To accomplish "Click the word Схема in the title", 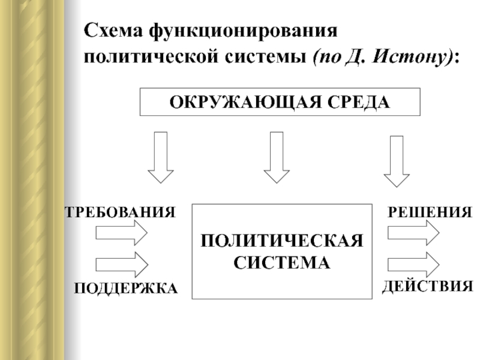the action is pos(113,31).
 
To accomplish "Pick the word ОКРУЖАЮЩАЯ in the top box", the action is pos(245,102).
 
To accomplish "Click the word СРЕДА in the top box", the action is pos(359,102).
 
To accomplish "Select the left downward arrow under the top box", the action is pos(161,157).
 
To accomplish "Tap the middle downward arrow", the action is pos(277,157).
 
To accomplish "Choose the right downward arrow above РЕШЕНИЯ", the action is pos(397,161).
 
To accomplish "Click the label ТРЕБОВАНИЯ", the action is pos(121,212).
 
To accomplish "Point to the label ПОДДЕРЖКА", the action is pos(126,289).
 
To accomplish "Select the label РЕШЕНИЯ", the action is pos(430,212).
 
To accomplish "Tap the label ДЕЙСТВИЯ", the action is pos(428,287).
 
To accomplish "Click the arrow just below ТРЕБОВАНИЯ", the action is pos(122,233).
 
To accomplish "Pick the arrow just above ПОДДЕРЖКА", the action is pos(122,265).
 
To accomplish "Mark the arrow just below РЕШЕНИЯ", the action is pos(413,233).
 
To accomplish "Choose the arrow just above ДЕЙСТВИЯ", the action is pos(413,265).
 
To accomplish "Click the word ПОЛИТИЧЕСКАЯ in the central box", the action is pos(282,241).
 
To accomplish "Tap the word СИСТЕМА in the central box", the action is pos(282,263).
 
